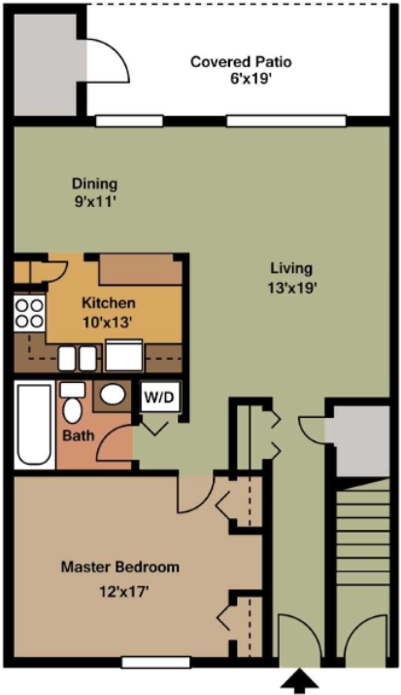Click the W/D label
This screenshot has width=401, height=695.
pos(159,397)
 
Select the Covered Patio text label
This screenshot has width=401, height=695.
pos(241,61)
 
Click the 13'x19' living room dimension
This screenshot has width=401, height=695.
pos(291,288)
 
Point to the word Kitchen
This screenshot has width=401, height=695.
pos(109,303)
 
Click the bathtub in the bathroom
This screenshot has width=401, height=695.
pos(35,424)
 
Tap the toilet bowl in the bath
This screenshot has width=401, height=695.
pos(73,410)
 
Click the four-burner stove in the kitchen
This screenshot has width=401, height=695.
pos(29,314)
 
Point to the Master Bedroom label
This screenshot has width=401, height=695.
pos(120,567)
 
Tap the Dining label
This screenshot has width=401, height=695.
pos(95,183)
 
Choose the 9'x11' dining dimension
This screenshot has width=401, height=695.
pos(95,202)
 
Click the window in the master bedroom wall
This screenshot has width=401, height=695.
pos(155,662)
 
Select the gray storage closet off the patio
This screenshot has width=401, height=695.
pos(46,64)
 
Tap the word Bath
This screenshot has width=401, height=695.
pos(79,435)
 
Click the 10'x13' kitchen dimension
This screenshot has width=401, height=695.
pos(108,323)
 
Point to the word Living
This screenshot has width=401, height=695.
pos(291,268)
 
